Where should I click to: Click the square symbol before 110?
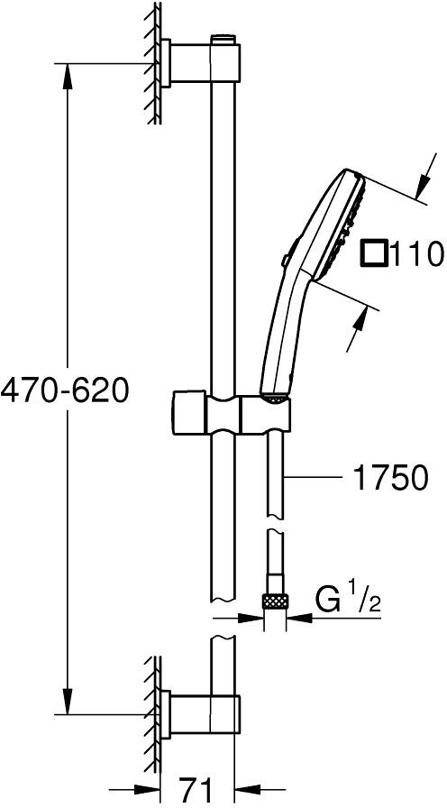click(x=374, y=253)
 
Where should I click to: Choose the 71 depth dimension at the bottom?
click(x=196, y=791)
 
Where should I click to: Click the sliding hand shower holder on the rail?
click(x=229, y=412)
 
